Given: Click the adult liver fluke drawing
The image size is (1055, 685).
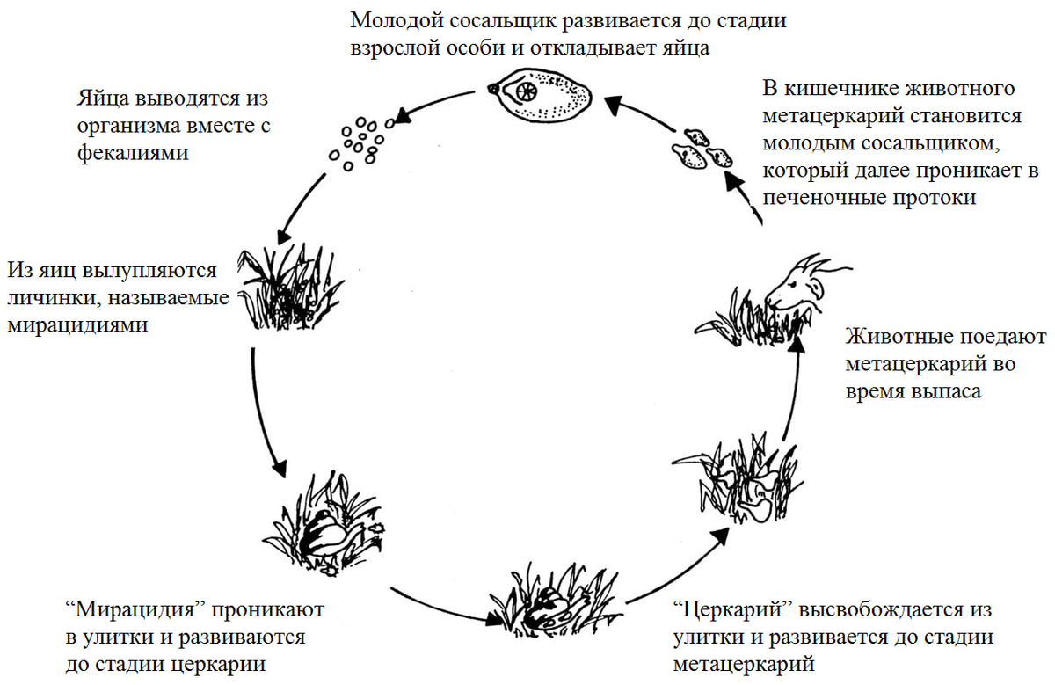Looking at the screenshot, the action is pos(540,96).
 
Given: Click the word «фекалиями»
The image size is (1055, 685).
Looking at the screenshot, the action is pos(133,154).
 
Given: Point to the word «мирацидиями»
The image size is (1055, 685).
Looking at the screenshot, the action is pos(77,325).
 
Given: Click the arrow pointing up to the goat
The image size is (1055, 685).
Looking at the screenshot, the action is pos(793,389).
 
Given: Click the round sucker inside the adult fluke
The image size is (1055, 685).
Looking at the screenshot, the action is pos(526,91).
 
